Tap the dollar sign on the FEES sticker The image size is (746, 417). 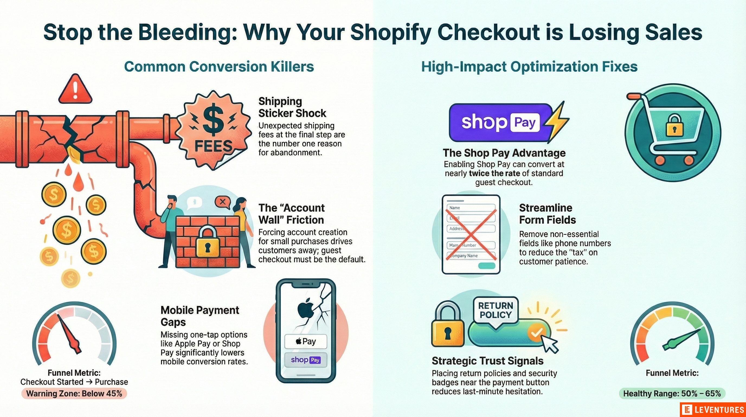point(213,120)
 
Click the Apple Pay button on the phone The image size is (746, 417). point(306,341)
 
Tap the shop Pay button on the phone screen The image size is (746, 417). point(306,360)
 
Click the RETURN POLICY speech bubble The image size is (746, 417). point(496,310)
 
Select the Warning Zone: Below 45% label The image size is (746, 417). point(74,393)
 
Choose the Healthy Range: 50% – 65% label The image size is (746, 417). point(672,393)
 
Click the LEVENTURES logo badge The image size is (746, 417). point(713,410)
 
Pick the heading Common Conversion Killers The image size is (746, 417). point(219,67)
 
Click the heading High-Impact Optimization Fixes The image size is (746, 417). point(529,67)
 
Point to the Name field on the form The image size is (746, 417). point(471,208)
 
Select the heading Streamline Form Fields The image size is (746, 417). point(547,214)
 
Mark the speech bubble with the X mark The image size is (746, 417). point(222,202)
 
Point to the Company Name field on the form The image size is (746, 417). point(471,256)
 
